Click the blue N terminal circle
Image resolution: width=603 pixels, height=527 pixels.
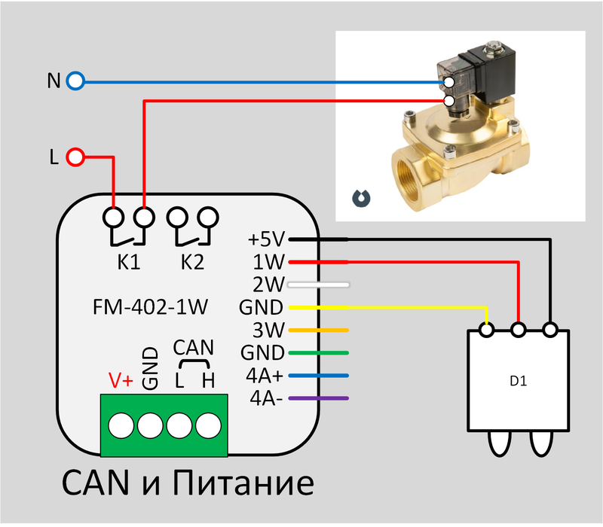[x=75, y=81]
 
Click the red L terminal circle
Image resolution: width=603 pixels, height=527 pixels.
[x=75, y=157]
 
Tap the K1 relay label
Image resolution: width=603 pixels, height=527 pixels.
[x=129, y=262]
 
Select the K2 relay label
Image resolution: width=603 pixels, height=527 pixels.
[x=193, y=262]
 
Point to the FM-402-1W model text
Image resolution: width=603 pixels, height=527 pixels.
[x=150, y=307]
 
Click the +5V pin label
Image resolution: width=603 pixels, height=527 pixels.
[x=266, y=239]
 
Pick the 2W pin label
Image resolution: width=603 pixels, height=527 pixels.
[x=268, y=285]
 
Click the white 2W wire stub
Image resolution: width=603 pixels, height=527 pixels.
[x=318, y=285]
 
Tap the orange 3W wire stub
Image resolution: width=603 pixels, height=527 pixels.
[x=318, y=330]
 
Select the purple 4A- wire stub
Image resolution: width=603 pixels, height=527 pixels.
[x=318, y=398]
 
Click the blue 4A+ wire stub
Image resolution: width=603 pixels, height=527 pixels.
[x=318, y=376]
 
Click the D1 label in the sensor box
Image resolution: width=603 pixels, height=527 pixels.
[x=518, y=381]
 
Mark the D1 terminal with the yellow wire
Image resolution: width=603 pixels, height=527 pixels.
[x=487, y=330]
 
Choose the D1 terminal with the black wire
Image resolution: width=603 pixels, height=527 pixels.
[x=550, y=330]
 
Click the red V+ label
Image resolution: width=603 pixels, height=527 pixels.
[x=121, y=380]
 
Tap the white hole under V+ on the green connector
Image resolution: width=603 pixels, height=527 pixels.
[x=121, y=425]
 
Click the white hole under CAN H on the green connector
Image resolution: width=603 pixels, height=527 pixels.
[x=209, y=425]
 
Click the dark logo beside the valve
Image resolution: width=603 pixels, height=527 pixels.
[x=362, y=198]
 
